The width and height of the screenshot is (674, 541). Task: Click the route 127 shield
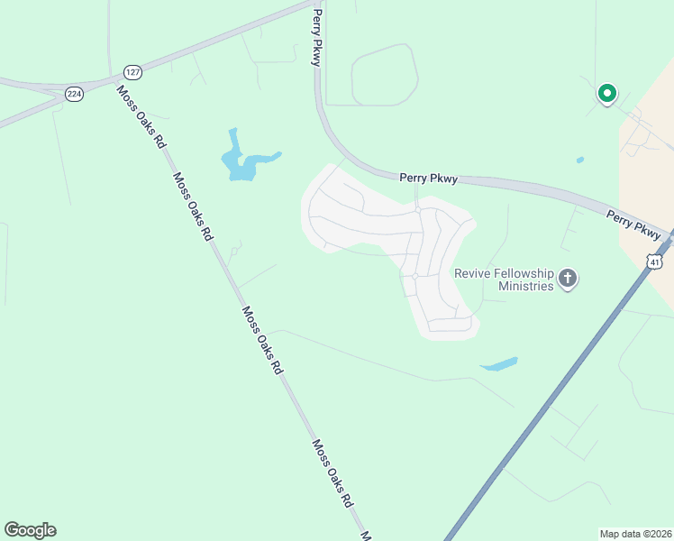tap(132, 71)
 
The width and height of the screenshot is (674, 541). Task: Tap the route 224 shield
tap(74, 93)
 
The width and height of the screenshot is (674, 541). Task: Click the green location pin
tap(607, 92)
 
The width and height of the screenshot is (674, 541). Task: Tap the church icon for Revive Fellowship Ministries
tap(568, 278)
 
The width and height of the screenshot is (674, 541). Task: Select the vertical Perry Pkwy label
tap(316, 38)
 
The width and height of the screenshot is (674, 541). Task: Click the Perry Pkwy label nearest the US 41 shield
tap(633, 222)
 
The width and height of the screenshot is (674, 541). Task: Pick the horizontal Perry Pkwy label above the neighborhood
tap(429, 179)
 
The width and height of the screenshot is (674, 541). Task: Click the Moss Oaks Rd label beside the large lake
tap(193, 206)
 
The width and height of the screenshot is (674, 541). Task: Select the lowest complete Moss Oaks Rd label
tap(332, 473)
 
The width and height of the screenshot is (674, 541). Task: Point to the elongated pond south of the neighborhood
tap(499, 364)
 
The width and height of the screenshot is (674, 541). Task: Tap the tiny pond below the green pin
tap(579, 160)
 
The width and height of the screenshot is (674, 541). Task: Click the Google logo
tap(30, 530)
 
